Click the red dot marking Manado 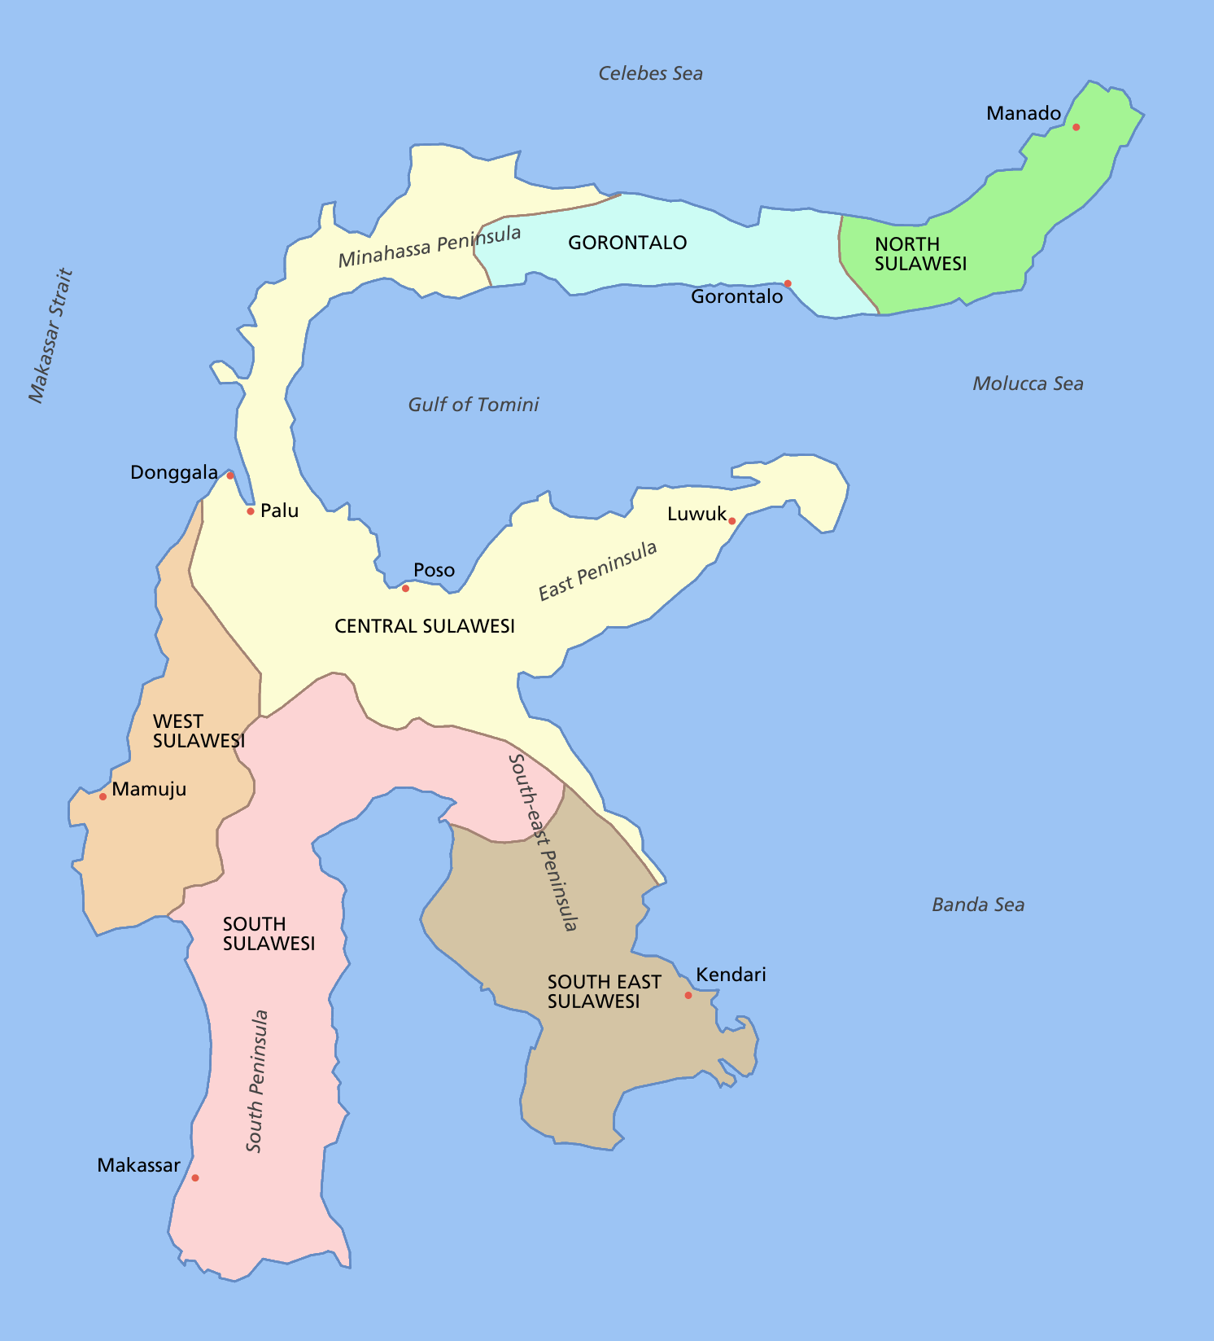pyautogui.click(x=1076, y=127)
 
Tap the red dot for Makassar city pyautogui.click(x=194, y=1177)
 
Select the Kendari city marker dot pyautogui.click(x=688, y=995)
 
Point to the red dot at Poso pyautogui.click(x=405, y=588)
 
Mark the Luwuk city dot pyautogui.click(x=731, y=521)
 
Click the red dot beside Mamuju pyautogui.click(x=103, y=796)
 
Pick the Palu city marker pyautogui.click(x=251, y=511)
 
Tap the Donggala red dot pyautogui.click(x=230, y=475)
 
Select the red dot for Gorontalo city pyautogui.click(x=788, y=283)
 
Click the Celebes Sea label pyautogui.click(x=650, y=73)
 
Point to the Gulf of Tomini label pyautogui.click(x=473, y=405)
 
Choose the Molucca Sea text pyautogui.click(x=1028, y=383)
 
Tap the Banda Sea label pyautogui.click(x=977, y=905)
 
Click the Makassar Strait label pyautogui.click(x=50, y=335)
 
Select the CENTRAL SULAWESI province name pyautogui.click(x=425, y=626)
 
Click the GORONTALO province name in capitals pyautogui.click(x=627, y=243)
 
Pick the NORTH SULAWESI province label pyautogui.click(x=920, y=254)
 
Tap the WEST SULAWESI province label pyautogui.click(x=199, y=731)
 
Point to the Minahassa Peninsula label pyautogui.click(x=430, y=246)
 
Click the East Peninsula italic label pyautogui.click(x=597, y=571)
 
